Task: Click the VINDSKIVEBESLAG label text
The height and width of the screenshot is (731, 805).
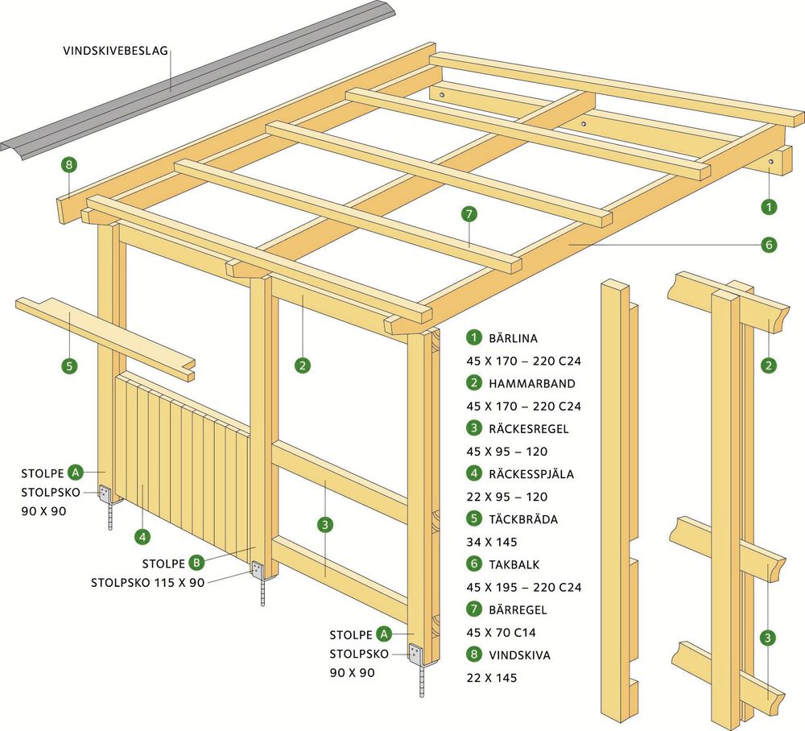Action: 115,50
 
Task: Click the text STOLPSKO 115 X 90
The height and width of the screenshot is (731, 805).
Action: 147,582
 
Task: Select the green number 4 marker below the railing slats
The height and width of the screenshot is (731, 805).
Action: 142,535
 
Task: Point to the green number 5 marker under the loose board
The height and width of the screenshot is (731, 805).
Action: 70,365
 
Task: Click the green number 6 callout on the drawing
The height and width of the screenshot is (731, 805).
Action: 769,244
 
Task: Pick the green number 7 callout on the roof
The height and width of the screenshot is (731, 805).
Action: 469,214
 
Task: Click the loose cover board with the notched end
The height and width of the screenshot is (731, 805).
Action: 105,334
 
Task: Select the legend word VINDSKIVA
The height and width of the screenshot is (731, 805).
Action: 519,655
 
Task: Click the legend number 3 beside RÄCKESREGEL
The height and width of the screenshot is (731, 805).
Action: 475,429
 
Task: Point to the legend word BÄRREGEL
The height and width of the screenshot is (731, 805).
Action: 518,609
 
